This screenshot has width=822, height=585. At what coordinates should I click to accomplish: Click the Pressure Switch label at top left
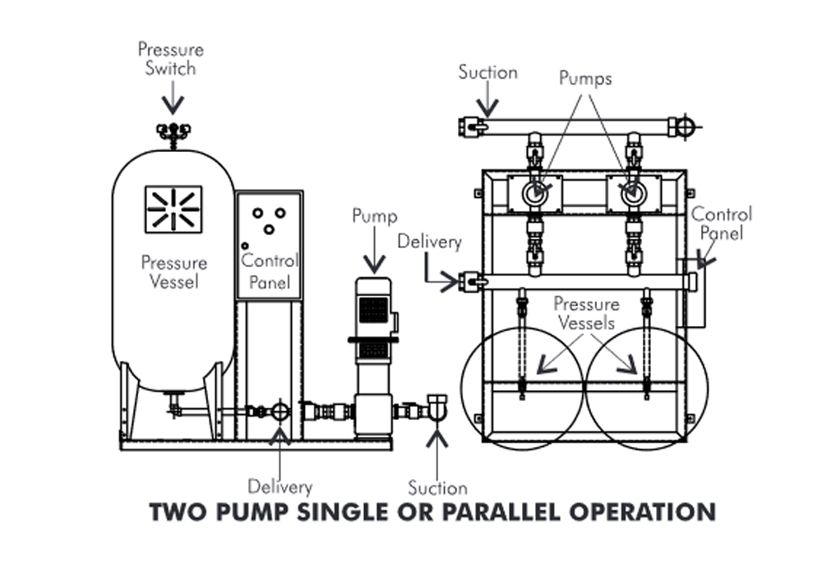171,59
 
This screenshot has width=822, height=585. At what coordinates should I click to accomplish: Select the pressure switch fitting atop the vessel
173,131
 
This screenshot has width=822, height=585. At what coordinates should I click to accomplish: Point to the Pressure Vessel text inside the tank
174,273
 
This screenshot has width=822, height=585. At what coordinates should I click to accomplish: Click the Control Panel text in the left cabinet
269,272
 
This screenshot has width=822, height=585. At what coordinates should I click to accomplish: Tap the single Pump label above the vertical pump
375,216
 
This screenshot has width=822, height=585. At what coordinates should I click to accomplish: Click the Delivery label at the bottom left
280,486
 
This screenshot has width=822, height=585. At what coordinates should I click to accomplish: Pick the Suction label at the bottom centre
437,487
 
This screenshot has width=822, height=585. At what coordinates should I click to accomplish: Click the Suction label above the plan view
487,72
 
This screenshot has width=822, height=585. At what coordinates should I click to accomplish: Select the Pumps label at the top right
585,79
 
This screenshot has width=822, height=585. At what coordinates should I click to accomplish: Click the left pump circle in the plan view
535,194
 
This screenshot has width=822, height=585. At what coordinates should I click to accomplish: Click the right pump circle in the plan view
632,194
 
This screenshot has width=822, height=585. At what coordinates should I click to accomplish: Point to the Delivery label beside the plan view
429,242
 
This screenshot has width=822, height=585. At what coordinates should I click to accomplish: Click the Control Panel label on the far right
721,223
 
